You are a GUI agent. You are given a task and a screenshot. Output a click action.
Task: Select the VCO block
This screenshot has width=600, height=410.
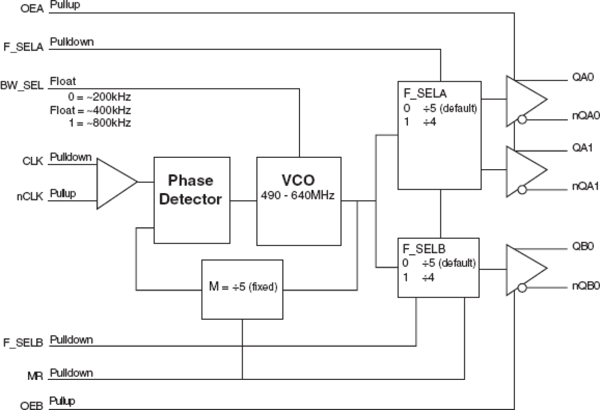click(299, 201)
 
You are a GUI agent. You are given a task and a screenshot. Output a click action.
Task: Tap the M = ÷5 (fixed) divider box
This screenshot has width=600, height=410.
click(242, 289)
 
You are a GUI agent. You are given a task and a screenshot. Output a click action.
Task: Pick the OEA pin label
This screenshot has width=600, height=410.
click(32, 9)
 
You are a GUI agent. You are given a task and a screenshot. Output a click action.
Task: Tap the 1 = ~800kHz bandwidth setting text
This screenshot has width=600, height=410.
click(99, 122)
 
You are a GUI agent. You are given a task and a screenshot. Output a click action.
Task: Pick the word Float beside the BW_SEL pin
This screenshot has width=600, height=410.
click(63, 81)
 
